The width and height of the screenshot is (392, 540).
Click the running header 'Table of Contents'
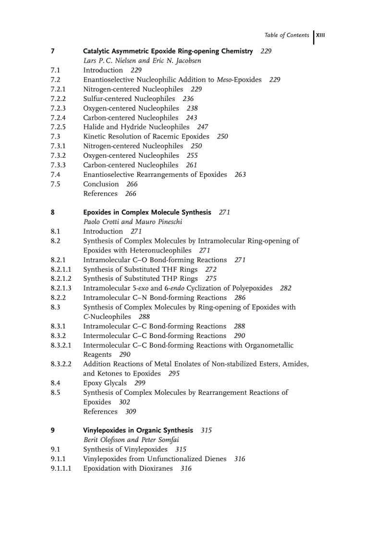pos(287,35)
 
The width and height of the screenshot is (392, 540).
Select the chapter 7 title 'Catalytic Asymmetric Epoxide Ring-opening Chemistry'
pos(168,51)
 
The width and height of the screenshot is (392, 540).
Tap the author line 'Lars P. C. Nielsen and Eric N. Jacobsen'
pos(142,61)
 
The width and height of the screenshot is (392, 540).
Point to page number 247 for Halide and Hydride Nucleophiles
pos(203,127)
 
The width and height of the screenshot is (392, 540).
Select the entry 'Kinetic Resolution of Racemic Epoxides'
pos(146,137)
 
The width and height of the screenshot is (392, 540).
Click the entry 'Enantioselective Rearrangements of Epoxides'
pos(155,175)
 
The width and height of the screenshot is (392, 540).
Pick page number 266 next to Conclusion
pos(132,184)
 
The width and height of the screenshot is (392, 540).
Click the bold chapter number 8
pos(52,212)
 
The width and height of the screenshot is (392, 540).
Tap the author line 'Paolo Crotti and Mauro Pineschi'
pos(133,222)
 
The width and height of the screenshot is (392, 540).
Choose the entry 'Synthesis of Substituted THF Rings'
pos(140,269)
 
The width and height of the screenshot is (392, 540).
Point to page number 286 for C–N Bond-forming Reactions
pos(240,298)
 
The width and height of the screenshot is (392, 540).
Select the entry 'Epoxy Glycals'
pos(105,383)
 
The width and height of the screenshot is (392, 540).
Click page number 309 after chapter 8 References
pos(130,412)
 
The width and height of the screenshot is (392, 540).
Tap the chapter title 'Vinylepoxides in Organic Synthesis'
pos(138,430)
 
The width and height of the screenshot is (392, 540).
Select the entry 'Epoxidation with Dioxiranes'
pos(128,468)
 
